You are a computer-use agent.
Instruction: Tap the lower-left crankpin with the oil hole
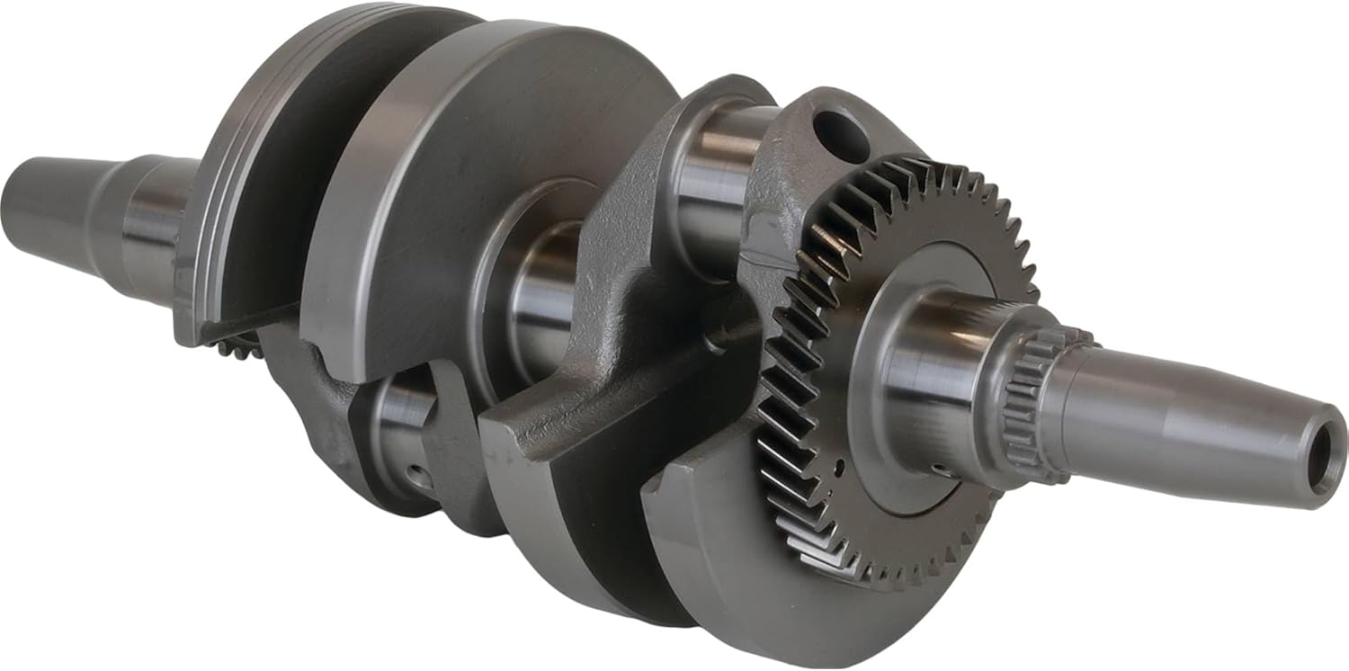click(396, 432)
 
